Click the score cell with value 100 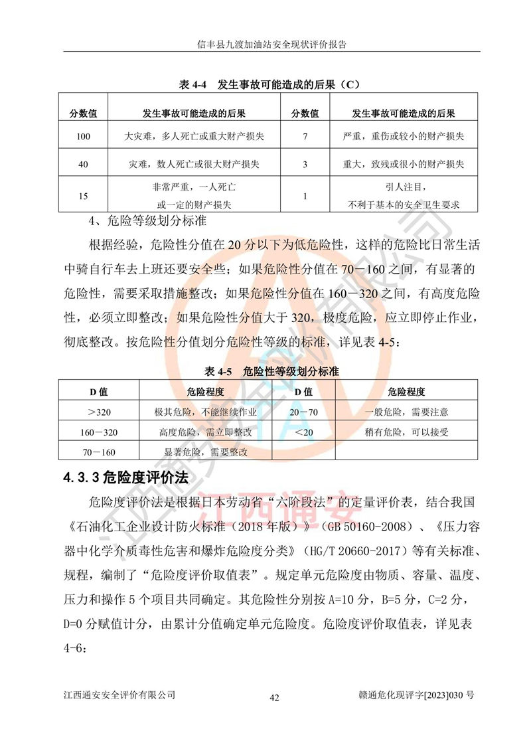click(x=83, y=137)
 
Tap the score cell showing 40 click(x=83, y=163)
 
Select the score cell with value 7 click(x=305, y=137)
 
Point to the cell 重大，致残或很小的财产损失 click(x=404, y=163)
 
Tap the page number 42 click(x=274, y=698)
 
